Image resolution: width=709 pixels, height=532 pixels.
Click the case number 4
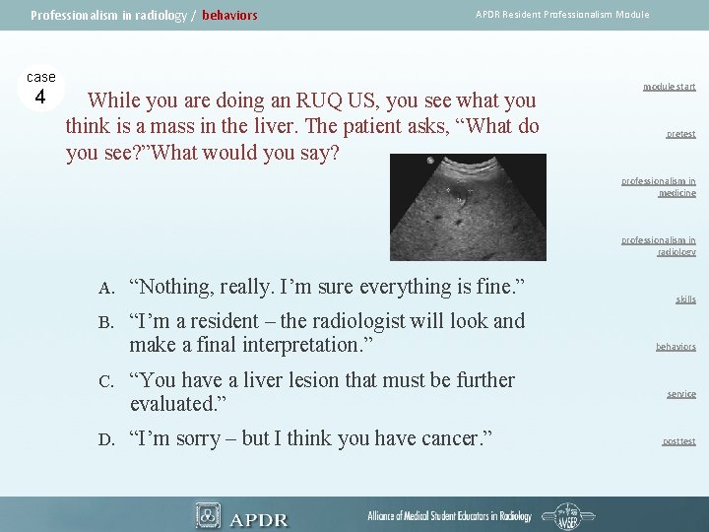point(40,97)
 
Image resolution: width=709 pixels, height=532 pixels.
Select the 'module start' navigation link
point(669,87)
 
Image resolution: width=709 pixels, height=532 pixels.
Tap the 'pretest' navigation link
point(679,134)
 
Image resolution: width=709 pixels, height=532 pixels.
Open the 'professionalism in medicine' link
point(659,187)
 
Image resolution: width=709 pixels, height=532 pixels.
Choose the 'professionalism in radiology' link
point(659,245)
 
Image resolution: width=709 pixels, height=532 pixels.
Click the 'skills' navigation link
point(685,299)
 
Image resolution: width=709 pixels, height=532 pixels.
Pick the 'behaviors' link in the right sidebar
point(676,347)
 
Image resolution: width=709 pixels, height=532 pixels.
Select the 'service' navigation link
point(680,394)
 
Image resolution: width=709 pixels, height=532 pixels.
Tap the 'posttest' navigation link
point(678,441)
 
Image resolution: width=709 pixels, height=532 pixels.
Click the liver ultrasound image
point(468,207)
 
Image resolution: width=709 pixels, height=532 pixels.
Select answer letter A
point(105,288)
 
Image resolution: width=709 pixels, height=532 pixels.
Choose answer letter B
point(105,322)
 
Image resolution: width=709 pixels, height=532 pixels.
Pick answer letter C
point(105,380)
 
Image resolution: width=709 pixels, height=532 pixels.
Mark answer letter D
point(105,439)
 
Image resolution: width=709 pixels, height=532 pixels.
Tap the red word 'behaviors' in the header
point(229,16)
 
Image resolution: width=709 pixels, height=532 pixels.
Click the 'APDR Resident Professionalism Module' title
point(562,15)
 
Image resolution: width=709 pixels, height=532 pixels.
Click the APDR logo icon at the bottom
point(208,515)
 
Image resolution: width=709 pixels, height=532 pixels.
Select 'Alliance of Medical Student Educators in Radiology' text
point(449,516)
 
